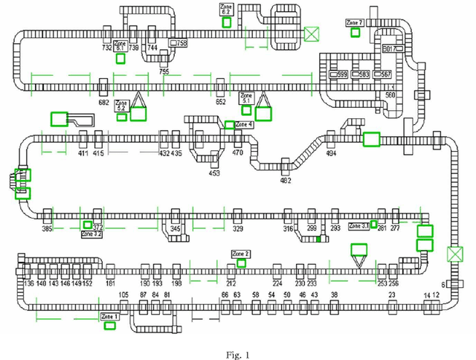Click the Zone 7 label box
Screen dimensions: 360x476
(x=355, y=23)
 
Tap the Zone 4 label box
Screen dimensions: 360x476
(x=244, y=124)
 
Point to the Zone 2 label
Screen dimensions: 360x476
(x=241, y=254)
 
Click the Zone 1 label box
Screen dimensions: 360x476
(x=109, y=316)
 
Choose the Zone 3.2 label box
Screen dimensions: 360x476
(x=91, y=234)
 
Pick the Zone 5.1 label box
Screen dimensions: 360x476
(x=247, y=97)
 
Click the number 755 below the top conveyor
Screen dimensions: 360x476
(x=164, y=72)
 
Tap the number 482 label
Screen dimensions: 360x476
(x=286, y=180)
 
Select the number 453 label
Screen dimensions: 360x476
(x=214, y=173)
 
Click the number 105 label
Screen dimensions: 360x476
(x=123, y=295)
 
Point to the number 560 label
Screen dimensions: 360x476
(x=390, y=94)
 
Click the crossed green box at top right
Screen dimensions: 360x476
(x=311, y=33)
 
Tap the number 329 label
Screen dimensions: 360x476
(x=238, y=229)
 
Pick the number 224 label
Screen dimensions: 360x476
(x=277, y=283)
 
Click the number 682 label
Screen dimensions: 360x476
(x=103, y=102)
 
